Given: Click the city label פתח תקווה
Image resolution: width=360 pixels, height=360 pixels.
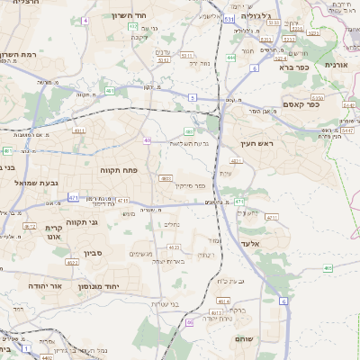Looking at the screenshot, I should tap(117, 168).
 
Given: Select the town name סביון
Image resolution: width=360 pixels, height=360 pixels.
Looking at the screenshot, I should tap(94, 254).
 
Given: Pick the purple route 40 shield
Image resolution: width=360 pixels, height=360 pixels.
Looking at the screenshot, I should tap(147, 140).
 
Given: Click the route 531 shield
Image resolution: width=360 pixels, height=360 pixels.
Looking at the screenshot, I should tap(229, 17).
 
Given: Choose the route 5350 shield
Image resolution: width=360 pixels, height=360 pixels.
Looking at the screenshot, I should tap(315, 98).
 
